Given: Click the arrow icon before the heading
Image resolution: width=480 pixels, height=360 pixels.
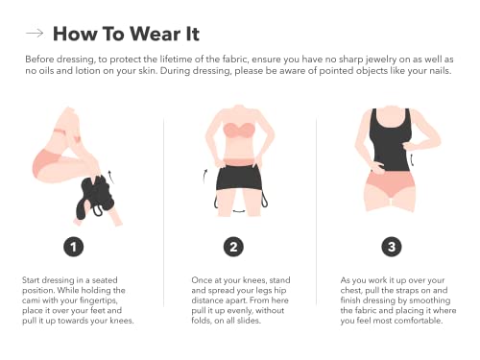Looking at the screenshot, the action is [35, 33].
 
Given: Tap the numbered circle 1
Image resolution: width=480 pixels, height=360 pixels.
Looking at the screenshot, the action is [74, 247].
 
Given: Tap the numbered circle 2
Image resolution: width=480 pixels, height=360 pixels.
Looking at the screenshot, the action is [233, 247].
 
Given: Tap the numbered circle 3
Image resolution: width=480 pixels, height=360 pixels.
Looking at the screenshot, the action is [392, 247].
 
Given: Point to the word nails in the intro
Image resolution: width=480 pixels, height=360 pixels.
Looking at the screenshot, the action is [440, 70].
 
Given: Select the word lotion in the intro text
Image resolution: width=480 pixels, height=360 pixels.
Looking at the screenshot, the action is [88, 70].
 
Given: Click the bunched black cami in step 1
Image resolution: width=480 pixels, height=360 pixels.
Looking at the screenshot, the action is [95, 196].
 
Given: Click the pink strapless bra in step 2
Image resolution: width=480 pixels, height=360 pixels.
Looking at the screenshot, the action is [238, 130].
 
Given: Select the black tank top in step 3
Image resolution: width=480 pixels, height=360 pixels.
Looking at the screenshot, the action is [390, 141].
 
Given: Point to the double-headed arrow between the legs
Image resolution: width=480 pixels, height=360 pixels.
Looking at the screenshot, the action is [239, 211].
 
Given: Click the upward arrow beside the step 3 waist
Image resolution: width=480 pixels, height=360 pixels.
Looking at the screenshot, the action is [412, 159].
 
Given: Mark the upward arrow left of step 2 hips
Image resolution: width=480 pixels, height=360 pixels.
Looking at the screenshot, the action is [204, 176].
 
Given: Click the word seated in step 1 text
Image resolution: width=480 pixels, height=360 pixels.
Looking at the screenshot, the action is [105, 280].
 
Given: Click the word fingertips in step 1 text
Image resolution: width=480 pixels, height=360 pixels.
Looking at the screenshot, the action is [99, 300].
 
